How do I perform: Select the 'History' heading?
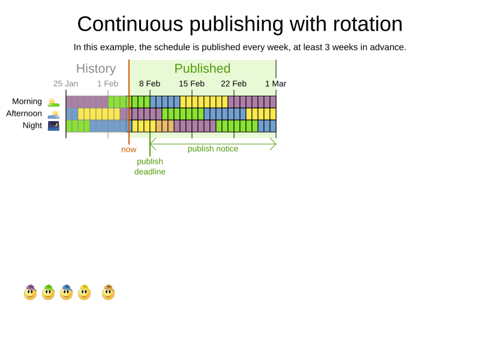[96, 68]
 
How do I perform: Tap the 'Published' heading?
[202, 68]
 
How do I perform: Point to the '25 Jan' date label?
[65, 84]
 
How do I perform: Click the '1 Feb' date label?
[107, 84]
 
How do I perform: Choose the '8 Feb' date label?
[149, 84]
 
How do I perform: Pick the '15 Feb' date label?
[191, 84]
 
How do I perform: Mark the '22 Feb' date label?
[233, 84]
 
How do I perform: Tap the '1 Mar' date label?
[275, 84]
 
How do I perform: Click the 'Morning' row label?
[27, 101]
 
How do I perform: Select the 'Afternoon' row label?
[24, 113]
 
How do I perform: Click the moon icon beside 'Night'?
[53, 125]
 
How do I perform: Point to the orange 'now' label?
[128, 149]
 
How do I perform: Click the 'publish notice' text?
[213, 149]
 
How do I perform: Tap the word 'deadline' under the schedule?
[150, 172]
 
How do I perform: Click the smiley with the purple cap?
[30, 293]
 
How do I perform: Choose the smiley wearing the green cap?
[48, 293]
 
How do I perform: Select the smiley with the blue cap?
[66, 293]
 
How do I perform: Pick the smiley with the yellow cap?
[84, 293]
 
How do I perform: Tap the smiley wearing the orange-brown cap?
[108, 293]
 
